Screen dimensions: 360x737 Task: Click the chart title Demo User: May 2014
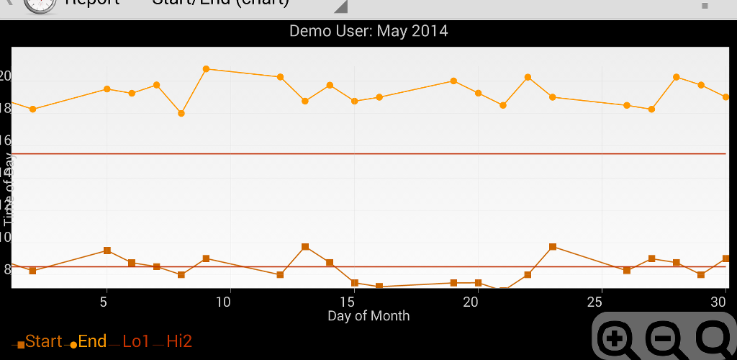(368, 31)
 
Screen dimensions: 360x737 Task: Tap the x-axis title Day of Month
(368, 315)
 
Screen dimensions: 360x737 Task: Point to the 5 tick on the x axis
(105, 301)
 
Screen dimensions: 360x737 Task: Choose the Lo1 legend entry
(136, 342)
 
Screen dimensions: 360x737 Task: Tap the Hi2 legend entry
(179, 342)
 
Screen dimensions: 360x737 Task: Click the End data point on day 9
(206, 69)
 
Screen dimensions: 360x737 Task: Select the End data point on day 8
(181, 113)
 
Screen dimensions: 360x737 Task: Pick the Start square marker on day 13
(305, 247)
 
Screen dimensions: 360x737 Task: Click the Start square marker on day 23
(552, 247)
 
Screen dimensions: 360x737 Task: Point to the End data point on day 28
(677, 77)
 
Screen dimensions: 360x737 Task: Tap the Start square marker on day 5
(107, 251)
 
